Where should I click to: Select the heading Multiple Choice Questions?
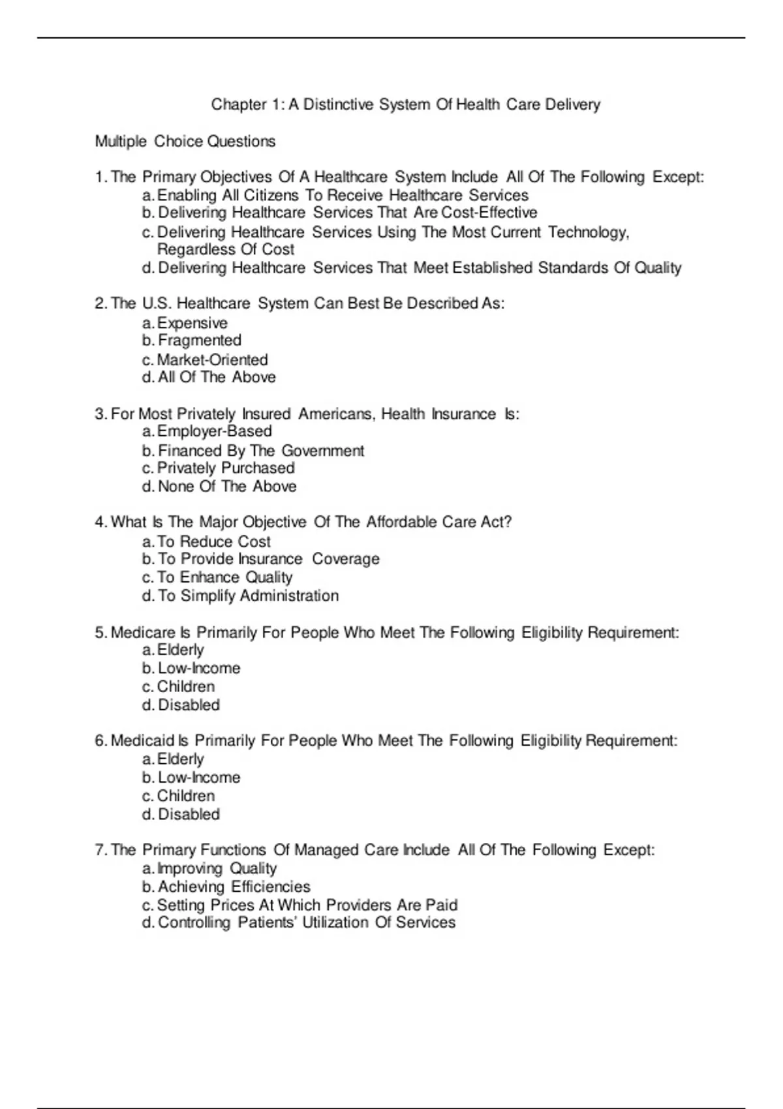tap(185, 142)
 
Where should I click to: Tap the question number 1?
tap(100, 177)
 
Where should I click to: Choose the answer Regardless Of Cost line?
tap(226, 249)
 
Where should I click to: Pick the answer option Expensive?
tap(192, 323)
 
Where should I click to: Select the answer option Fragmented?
tap(200, 341)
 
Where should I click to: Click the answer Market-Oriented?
tap(212, 359)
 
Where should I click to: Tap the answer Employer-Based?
tap(215, 431)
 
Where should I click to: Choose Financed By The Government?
tap(261, 451)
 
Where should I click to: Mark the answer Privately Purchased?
tap(226, 468)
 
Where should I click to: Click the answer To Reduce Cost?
tap(214, 541)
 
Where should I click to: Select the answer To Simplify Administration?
tap(248, 596)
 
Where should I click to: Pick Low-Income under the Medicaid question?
tap(199, 778)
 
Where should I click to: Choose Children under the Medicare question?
tap(185, 687)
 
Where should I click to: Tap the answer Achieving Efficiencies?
tap(234, 887)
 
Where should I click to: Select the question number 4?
tap(100, 523)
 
